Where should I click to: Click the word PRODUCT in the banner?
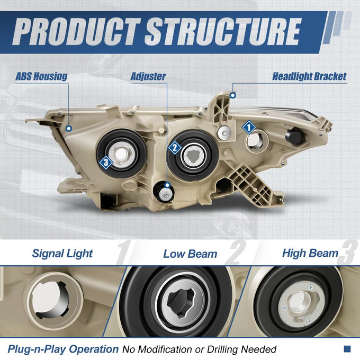coord(76,31)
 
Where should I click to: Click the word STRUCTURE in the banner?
coord(223,31)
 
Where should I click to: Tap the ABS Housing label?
coord(41,76)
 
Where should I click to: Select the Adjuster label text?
coord(148,76)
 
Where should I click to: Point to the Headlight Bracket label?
coord(309,76)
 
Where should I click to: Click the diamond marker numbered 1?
coord(249,127)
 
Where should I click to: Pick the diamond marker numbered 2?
coord(175,148)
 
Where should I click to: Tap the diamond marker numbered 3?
coord(106,163)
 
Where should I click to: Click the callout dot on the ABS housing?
coord(69,129)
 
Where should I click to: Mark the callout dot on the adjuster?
coord(167,185)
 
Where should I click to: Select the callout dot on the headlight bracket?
coord(232,95)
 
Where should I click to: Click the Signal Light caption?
coord(62,254)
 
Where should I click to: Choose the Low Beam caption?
coord(190,254)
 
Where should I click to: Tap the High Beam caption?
coord(310,253)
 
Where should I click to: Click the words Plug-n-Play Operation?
coord(63,349)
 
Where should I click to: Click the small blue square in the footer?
coord(347,349)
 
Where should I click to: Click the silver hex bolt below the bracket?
coord(224,133)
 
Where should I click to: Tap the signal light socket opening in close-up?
coord(50,301)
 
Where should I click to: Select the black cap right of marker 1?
coord(293,137)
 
